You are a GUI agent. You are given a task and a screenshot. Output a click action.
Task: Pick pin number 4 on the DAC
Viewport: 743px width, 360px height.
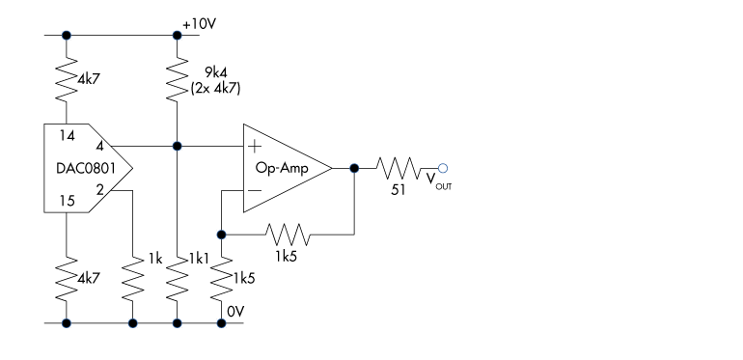pos(113,148)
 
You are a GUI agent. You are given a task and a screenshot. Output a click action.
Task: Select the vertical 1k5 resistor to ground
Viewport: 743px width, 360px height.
pos(221,280)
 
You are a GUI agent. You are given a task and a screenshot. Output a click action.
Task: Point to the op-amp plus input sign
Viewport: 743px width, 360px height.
pos(256,148)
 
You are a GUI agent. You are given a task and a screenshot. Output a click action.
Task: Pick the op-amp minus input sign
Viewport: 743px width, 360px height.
pos(256,190)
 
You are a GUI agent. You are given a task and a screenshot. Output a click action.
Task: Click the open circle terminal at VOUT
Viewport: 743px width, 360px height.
pos(442,168)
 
